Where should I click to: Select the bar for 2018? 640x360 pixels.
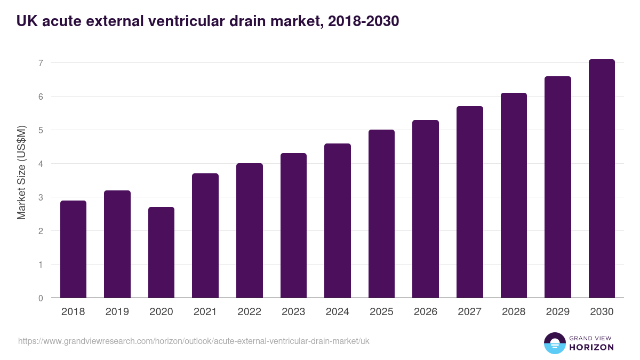[73, 249]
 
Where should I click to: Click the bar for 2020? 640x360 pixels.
[161, 252]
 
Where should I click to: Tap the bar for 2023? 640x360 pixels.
[293, 226]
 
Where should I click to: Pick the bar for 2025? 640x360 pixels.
[381, 214]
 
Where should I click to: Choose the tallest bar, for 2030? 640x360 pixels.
[602, 179]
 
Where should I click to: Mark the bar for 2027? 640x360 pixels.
[469, 202]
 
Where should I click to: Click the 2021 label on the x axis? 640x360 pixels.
[205, 312]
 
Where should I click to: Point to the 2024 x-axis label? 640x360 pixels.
[337, 312]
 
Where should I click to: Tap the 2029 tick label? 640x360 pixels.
[557, 312]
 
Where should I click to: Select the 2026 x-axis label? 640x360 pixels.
[425, 312]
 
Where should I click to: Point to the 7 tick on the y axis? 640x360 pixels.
[40, 63]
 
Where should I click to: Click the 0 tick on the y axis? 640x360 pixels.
[40, 298]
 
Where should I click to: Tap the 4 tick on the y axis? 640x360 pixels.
[40, 164]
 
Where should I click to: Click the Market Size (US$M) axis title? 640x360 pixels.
[21, 173]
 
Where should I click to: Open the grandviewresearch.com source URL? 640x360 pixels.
[194, 341]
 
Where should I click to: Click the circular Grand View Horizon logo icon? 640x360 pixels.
[554, 343]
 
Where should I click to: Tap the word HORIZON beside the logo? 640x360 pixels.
[591, 347]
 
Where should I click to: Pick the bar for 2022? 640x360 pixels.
[249, 230]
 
